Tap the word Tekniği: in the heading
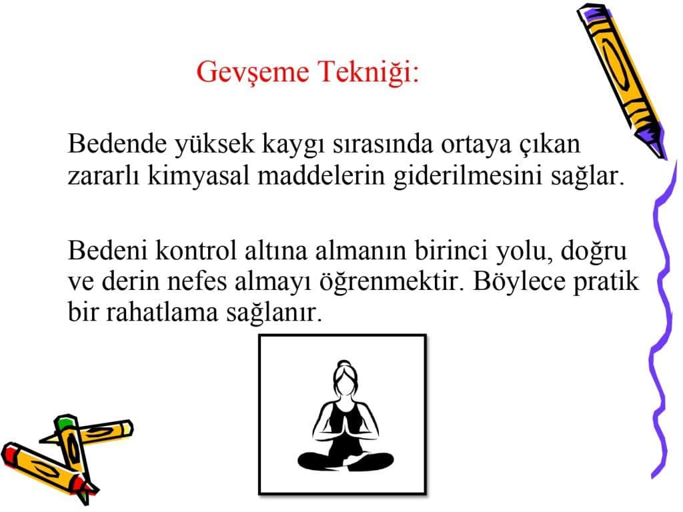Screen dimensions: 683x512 tap(368, 71)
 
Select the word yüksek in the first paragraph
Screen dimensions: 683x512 tap(214, 145)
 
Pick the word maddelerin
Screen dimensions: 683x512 tap(321, 176)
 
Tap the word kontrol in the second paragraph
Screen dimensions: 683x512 tap(195, 251)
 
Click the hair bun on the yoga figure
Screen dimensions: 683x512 tap(344, 364)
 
